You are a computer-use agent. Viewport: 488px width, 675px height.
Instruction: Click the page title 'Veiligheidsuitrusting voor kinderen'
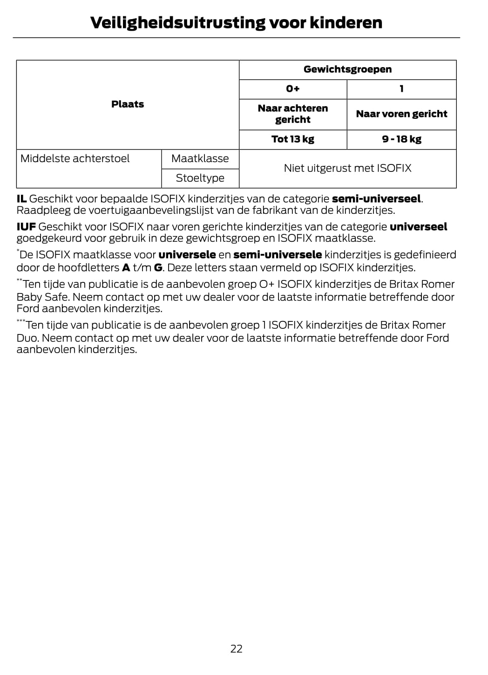click(x=236, y=22)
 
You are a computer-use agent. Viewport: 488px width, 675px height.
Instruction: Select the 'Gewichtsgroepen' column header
click(x=347, y=69)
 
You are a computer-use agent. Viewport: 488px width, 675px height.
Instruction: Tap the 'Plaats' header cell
click(x=128, y=104)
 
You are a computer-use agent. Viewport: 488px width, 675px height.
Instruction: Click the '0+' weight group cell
click(x=293, y=89)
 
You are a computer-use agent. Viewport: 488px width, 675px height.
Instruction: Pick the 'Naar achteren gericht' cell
click(x=293, y=114)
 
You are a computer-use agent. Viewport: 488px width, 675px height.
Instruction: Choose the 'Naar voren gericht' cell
click(x=401, y=114)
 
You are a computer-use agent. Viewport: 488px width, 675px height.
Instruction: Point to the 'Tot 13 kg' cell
click(x=293, y=139)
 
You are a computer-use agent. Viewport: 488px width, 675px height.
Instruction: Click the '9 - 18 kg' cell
click(x=401, y=139)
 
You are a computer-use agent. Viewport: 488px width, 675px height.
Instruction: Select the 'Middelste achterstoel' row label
click(x=75, y=158)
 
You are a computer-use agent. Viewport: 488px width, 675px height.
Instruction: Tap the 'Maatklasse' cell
click(x=200, y=158)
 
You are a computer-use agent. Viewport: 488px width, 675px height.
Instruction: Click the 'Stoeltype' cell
click(x=200, y=178)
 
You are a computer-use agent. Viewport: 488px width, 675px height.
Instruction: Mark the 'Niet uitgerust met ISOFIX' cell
click(x=347, y=168)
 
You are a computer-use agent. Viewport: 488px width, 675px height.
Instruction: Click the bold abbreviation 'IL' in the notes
click(x=21, y=199)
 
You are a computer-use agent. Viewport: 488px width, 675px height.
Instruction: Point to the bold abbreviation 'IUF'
click(x=26, y=227)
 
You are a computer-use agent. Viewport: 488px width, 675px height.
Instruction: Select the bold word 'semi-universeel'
click(x=376, y=199)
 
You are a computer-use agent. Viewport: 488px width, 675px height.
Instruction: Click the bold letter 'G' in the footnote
click(x=158, y=268)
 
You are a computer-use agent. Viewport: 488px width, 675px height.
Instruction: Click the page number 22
click(x=237, y=648)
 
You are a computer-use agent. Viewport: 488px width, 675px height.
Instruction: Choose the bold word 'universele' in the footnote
click(x=187, y=255)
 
